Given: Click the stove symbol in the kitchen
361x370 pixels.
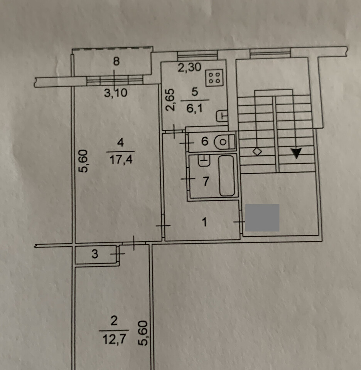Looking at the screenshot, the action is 214,78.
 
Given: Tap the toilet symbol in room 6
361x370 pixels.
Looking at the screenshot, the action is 225,142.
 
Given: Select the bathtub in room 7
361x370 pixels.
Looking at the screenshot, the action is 227,175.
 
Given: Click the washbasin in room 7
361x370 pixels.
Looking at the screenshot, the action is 204,160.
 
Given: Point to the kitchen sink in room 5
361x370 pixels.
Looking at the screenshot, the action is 222,116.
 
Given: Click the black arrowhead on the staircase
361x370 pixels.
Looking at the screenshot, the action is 296,153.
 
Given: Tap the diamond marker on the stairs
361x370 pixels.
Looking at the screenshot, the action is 257,151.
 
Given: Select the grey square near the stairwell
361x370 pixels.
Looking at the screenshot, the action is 262,217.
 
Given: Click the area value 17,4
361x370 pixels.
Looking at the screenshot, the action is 121,160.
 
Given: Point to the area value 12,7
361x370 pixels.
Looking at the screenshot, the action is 114,340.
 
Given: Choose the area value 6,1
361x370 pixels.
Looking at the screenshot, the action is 194,109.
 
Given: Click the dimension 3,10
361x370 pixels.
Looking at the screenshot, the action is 116,93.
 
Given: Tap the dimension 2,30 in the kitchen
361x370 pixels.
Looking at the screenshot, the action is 189,67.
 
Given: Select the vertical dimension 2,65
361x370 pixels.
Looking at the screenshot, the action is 170,99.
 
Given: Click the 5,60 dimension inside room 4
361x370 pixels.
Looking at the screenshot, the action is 83,161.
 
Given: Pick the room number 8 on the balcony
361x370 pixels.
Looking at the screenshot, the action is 116,61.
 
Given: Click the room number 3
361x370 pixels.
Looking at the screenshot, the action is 94,254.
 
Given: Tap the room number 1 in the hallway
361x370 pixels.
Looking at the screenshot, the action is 204,222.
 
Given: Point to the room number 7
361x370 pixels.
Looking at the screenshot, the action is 206,181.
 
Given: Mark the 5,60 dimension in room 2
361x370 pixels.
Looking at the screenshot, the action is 143,333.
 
